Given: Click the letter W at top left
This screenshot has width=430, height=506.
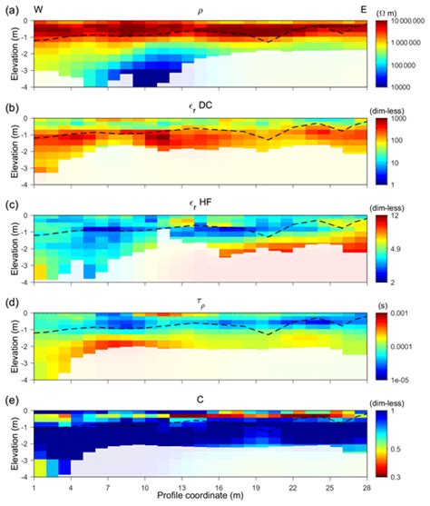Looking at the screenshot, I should point(38,9).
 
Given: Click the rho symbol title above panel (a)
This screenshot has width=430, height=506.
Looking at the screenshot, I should point(199,10).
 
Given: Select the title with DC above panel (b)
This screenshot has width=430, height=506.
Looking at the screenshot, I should point(199,108).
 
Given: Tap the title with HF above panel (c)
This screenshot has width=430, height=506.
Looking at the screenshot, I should point(199,206).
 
